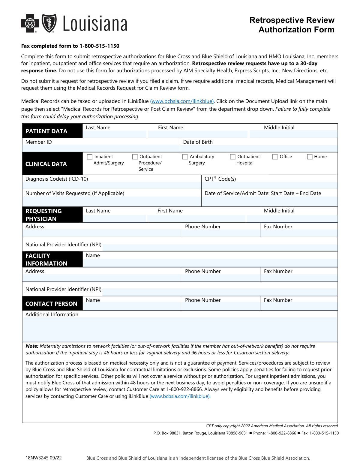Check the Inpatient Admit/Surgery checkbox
point(89,157)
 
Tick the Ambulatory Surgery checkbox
point(185,157)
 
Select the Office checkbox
point(275,157)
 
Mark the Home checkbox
point(310,157)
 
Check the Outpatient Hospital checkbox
point(232,157)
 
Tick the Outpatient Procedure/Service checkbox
point(135,157)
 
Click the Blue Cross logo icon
point(30,23)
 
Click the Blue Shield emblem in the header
point(49,23)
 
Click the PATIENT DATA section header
point(46,131)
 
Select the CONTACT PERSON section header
point(51,304)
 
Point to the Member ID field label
point(39,142)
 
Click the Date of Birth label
point(198,142)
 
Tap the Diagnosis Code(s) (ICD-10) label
point(57,179)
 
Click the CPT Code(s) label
point(220,179)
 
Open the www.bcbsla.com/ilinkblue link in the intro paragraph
point(182,101)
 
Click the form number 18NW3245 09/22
point(43,458)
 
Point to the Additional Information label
point(52,314)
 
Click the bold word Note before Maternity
point(32,346)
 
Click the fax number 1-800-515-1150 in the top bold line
point(99,46)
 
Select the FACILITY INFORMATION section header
point(46,260)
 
